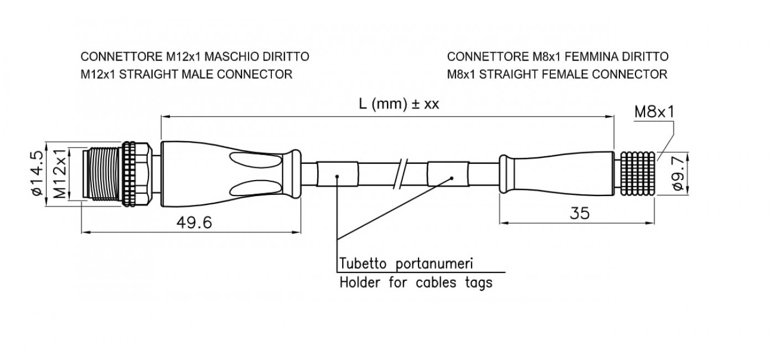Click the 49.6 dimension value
194,222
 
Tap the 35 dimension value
580,213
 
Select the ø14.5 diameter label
38,173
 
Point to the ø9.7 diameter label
679,173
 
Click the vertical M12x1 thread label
60,173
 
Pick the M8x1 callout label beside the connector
654,112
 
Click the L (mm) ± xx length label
399,104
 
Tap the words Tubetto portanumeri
406,264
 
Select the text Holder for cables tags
416,282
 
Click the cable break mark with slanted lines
401,173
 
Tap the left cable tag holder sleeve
337,173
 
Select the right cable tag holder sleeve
448,173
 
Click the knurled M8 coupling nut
637,173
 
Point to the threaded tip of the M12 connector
102,173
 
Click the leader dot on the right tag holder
452,178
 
